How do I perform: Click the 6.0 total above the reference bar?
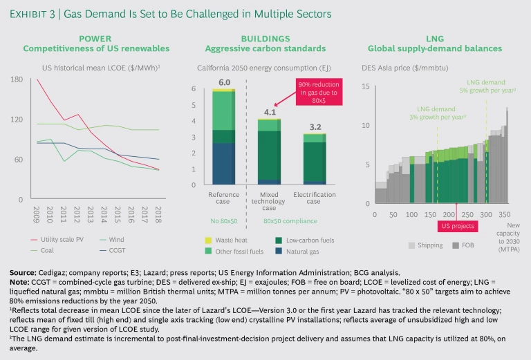coord(224,83)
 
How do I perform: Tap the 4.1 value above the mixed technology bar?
coord(268,111)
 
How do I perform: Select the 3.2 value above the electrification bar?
coord(315,127)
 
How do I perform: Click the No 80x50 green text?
coord(223,221)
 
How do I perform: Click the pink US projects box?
coord(451,226)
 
